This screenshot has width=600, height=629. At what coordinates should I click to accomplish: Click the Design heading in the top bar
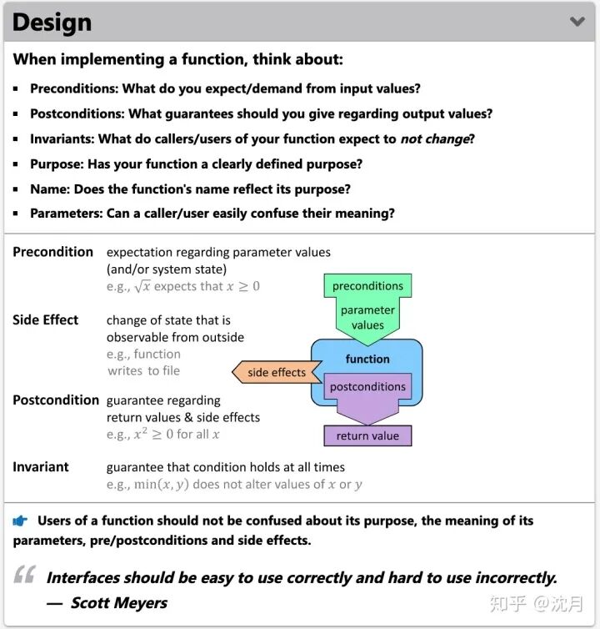coord(52,23)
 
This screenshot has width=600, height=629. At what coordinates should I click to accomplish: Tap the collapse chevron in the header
coord(577,22)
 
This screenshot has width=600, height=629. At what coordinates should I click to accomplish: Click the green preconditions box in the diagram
coord(367,286)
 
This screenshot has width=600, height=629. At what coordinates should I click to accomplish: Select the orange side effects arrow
coord(276,372)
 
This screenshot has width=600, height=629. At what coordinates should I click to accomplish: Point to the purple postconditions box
coord(367,387)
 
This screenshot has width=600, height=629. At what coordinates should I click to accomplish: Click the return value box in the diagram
coord(367,435)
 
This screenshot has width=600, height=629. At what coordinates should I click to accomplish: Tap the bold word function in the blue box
coord(367,360)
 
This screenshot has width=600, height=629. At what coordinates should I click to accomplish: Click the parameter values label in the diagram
coord(367,318)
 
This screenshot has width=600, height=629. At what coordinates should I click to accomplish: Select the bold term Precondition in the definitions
coord(52,252)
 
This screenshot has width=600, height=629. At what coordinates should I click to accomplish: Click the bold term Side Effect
coord(46,320)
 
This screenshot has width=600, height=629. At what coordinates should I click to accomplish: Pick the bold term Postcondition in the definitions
coord(56,400)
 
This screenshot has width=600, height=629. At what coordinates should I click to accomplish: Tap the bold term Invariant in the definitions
coord(41,466)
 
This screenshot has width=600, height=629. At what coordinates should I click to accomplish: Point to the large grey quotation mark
coord(25,576)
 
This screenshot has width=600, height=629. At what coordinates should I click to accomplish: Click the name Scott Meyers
coord(118,602)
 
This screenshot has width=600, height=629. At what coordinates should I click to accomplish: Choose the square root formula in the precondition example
coord(142,286)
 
